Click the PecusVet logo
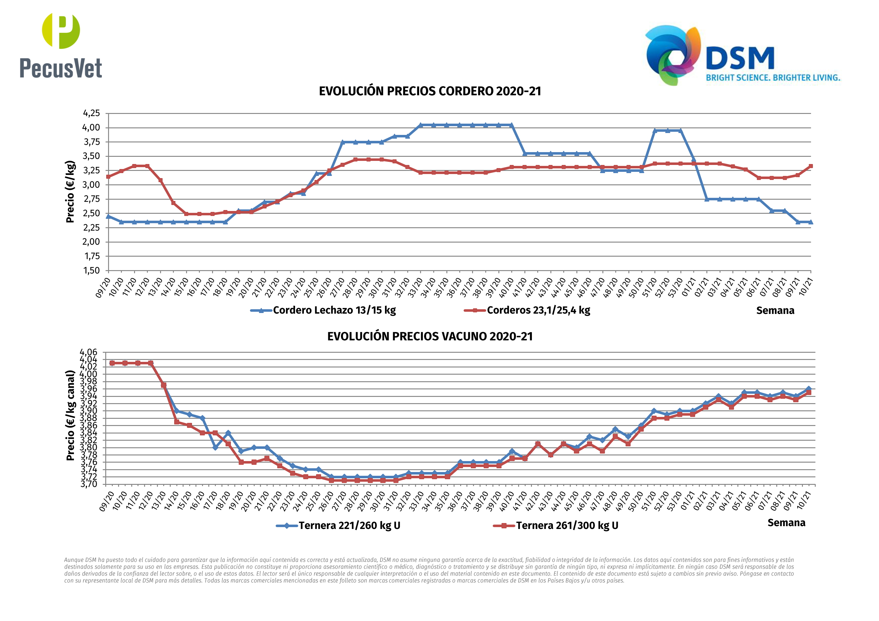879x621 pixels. pyautogui.click(x=61, y=46)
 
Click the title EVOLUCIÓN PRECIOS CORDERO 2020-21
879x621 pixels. pyautogui.click(x=430, y=91)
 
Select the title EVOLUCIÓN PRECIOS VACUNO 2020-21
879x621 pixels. pyautogui.click(x=430, y=337)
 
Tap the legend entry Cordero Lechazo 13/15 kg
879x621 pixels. pyautogui.click(x=334, y=310)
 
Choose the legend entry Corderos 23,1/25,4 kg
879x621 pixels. pyautogui.click(x=538, y=310)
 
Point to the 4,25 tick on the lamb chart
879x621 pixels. pyautogui.click(x=91, y=113)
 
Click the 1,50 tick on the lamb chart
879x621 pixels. pyautogui.click(x=91, y=270)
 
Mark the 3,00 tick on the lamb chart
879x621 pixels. pyautogui.click(x=91, y=185)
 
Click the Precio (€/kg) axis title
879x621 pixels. pyautogui.click(x=70, y=192)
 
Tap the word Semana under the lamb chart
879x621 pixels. pyautogui.click(x=775, y=311)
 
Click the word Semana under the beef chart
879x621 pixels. pyautogui.click(x=786, y=523)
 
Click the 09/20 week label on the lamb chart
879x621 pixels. pyautogui.click(x=103, y=287)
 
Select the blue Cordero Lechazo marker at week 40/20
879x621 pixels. pyautogui.click(x=512, y=125)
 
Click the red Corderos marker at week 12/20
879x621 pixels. pyautogui.click(x=148, y=166)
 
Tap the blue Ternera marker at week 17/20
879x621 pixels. pyautogui.click(x=215, y=447)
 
